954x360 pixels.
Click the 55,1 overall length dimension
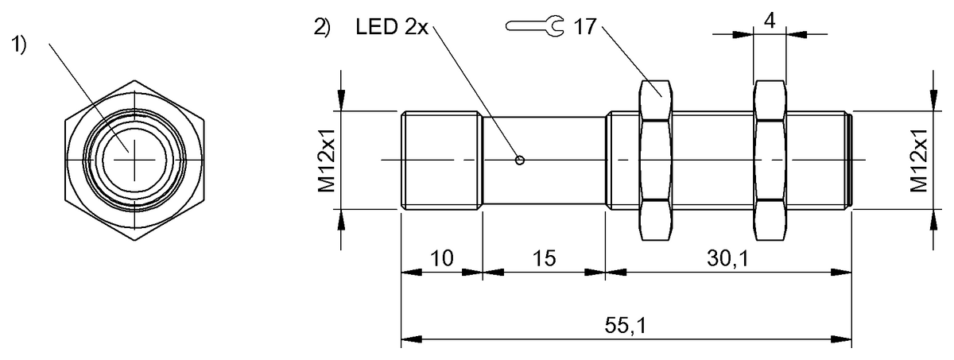pos(625,326)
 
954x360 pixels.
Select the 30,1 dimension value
pos(727,258)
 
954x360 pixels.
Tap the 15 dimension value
pos(545,258)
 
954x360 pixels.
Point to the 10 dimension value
pos(442,258)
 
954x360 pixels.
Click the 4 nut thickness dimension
pos(770,21)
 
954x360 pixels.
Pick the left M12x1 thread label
pos(327,160)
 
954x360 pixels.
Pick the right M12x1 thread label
pos(919,160)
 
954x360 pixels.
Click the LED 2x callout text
pos(392,27)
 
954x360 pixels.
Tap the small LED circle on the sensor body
pos(519,161)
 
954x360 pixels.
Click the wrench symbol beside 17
pos(535,26)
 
